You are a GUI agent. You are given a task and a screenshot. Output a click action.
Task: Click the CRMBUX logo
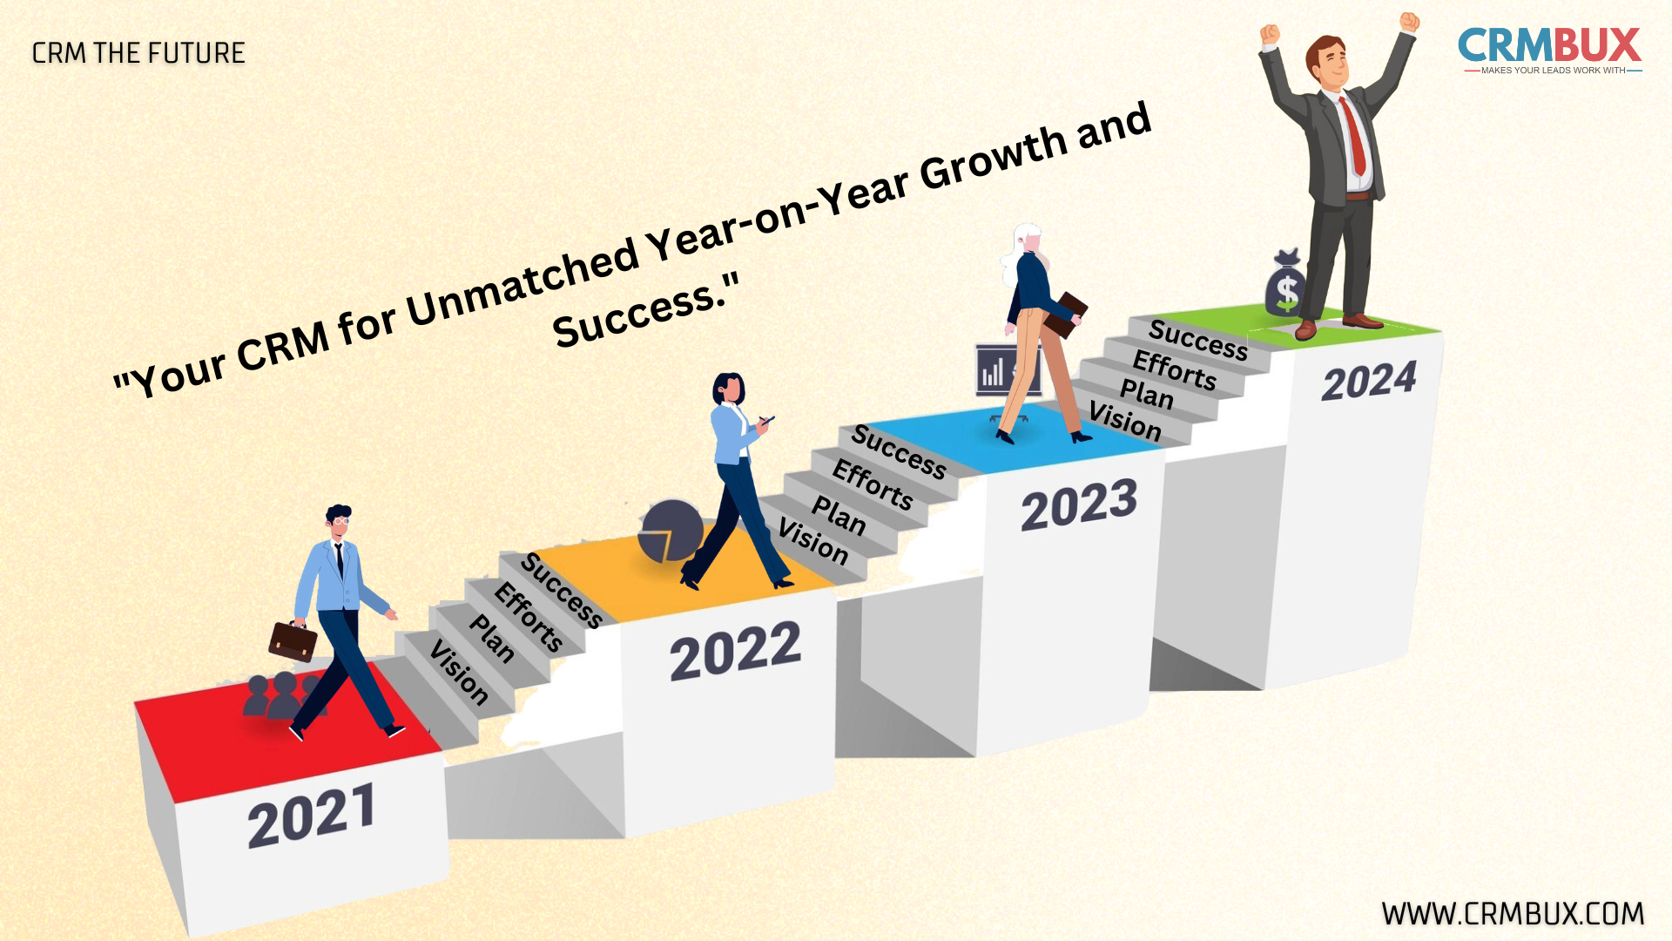(1550, 51)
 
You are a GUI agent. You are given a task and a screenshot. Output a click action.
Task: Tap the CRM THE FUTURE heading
(138, 53)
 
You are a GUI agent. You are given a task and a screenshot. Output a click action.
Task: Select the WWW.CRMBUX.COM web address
(1513, 913)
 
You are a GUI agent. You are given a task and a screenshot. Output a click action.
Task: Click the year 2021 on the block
(312, 816)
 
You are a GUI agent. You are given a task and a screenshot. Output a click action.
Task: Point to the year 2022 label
(736, 652)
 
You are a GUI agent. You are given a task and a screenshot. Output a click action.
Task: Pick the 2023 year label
(1080, 504)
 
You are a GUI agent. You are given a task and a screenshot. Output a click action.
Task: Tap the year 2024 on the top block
(1370, 381)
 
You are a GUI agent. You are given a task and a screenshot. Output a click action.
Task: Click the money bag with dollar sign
(1286, 283)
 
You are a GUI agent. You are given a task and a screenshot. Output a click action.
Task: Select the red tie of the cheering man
(1353, 137)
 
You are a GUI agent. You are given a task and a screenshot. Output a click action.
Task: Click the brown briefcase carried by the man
(293, 640)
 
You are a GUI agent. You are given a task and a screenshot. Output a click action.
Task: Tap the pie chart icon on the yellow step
(670, 531)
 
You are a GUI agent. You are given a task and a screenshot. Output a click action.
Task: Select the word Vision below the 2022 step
(458, 672)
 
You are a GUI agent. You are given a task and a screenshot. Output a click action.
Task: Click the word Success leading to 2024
(1198, 340)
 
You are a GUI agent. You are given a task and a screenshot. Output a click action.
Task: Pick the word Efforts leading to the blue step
(873, 485)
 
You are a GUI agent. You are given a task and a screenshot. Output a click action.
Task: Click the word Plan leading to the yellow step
(492, 639)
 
